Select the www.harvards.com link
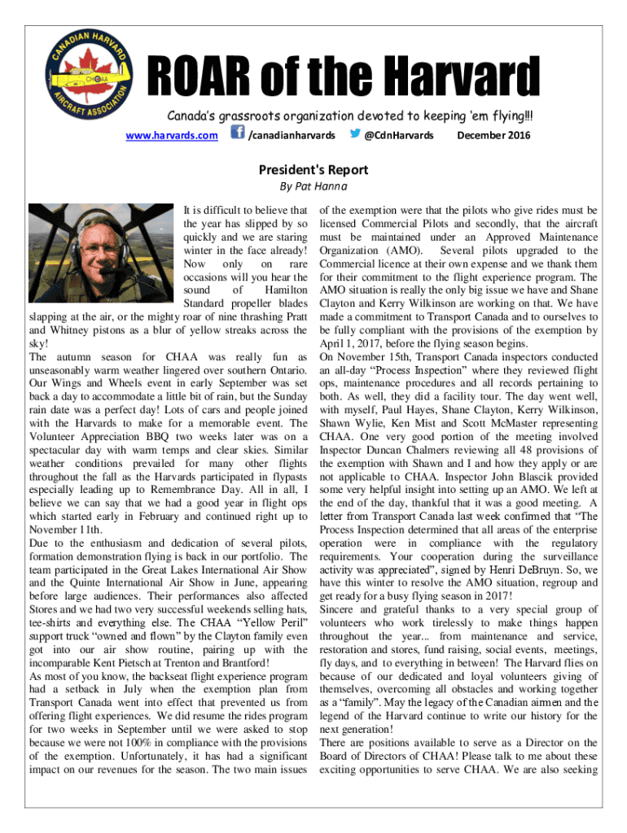point(173,134)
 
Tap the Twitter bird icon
point(353,133)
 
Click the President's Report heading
point(313,170)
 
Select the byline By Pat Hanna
point(313,186)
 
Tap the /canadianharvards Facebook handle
point(292,134)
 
